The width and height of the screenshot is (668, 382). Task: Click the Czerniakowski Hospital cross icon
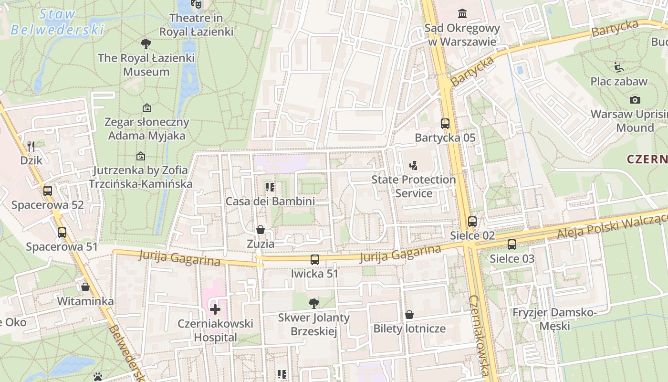pos(215,309)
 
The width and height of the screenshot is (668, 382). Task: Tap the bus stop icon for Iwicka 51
pos(315,260)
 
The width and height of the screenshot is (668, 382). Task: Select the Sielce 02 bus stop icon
pos(472,222)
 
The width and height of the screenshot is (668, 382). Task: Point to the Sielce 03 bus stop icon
pos(512,244)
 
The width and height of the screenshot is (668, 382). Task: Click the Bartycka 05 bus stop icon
pos(445,124)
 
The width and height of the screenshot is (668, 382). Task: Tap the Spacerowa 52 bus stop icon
pos(48,191)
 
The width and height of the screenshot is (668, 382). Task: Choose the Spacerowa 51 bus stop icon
pos(62,233)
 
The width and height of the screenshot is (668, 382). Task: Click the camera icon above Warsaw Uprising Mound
pos(635,100)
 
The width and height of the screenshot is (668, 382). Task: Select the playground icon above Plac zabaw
pos(619,67)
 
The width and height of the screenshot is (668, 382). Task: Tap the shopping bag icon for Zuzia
pos(261,230)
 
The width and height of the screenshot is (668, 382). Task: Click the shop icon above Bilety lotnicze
pos(409,315)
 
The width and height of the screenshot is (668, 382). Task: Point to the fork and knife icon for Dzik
pos(31,146)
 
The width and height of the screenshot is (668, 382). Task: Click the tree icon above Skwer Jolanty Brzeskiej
pos(314,303)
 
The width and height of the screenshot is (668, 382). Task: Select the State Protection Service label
pos(414,187)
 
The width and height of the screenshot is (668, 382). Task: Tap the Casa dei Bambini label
pos(270,201)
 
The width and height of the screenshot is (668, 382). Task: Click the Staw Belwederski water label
pos(57,22)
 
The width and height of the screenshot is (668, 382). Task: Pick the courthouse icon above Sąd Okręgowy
pos(462,13)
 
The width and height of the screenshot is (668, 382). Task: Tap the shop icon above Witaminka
pos(85,287)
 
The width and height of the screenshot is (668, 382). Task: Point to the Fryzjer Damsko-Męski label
pos(554,319)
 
